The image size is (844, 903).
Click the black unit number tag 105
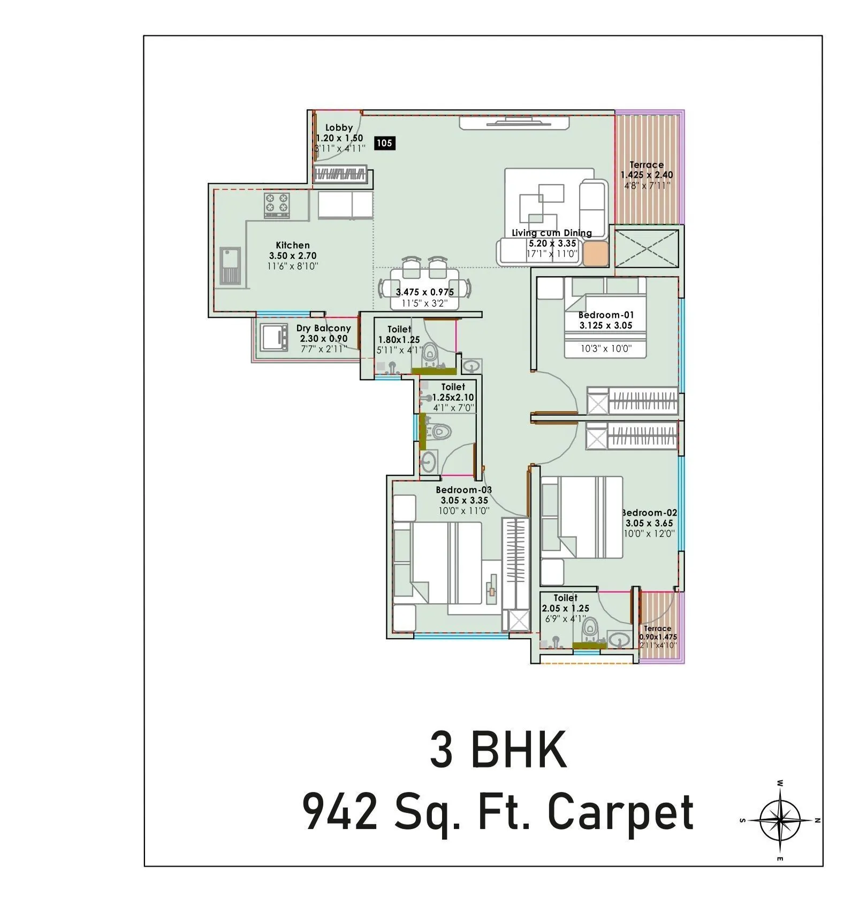point(384,143)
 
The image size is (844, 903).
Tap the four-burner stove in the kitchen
point(277,204)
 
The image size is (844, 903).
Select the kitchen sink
point(230,265)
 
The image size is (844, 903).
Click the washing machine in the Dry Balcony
point(273,336)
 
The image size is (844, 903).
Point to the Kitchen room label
point(293,245)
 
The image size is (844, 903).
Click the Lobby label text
point(339,127)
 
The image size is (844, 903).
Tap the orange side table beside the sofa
point(595,254)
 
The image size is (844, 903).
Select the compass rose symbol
point(780,820)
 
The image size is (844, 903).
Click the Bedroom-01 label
point(606,315)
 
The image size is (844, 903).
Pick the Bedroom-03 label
point(463,489)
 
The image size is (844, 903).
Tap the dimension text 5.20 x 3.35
point(552,243)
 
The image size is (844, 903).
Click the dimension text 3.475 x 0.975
point(424,292)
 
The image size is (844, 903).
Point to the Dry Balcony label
point(323,328)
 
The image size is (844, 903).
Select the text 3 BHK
point(498,751)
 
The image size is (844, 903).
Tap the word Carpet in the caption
point(621,812)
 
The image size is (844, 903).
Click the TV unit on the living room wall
point(514,123)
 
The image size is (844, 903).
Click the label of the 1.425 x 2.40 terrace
point(647,165)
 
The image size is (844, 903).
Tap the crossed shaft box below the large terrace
point(647,248)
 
